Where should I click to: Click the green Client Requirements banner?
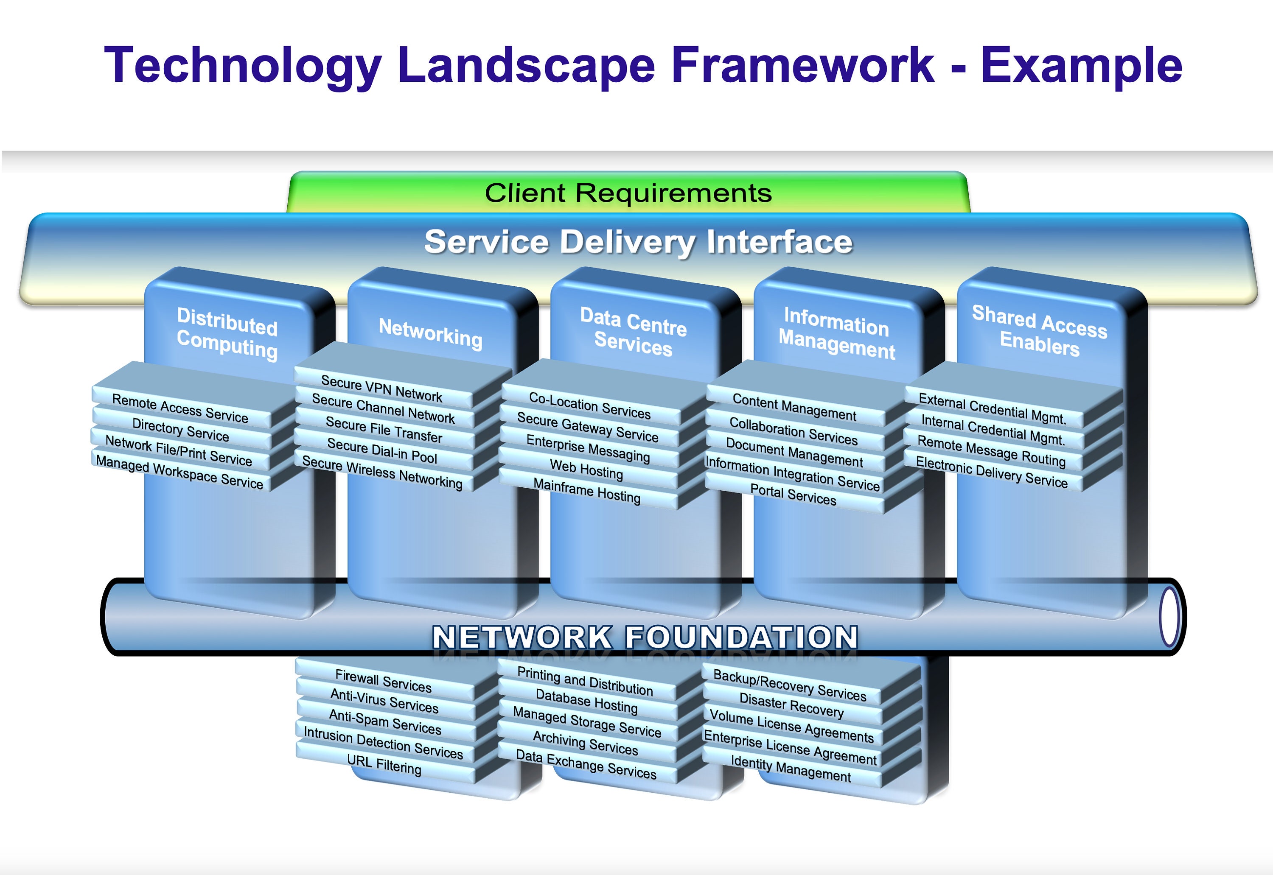tap(628, 193)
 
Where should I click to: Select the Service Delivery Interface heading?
tap(638, 242)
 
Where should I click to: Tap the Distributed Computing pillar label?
tap(227, 333)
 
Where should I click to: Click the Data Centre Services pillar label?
tap(634, 332)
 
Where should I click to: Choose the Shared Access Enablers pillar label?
tap(1039, 330)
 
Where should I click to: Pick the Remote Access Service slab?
tap(180, 409)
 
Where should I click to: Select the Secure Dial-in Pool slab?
tap(382, 451)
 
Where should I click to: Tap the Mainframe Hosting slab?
tap(587, 491)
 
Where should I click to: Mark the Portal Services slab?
tap(793, 495)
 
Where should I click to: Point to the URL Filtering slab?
tap(384, 764)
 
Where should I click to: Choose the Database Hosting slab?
tap(586, 702)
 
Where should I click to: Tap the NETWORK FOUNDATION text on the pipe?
tap(645, 637)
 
